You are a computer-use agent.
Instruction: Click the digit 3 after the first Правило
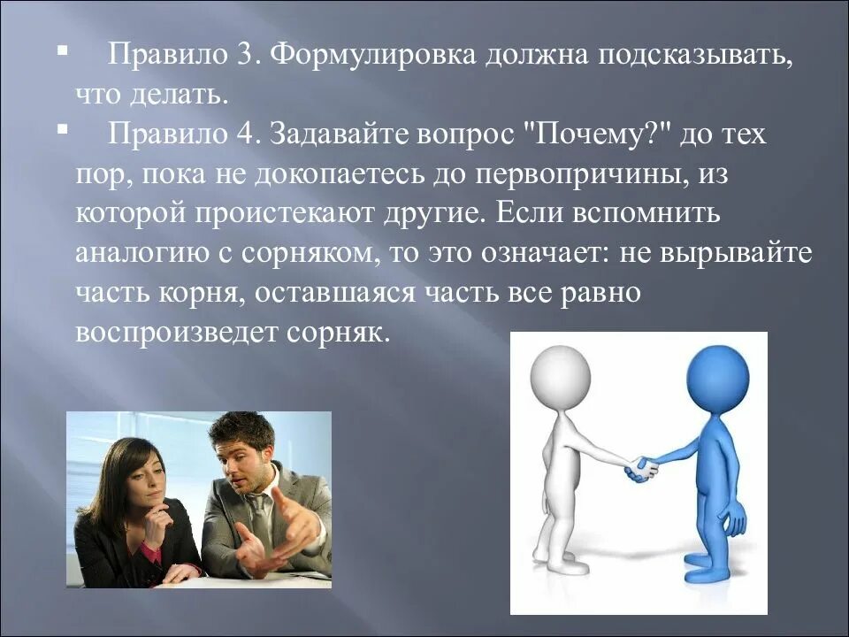click(244, 56)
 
